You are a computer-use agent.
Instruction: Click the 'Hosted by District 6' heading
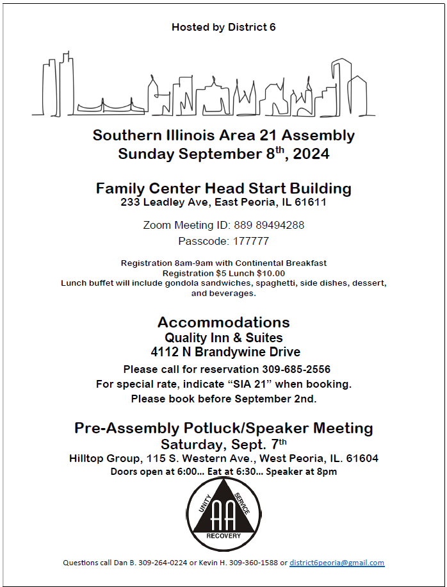pos(224,27)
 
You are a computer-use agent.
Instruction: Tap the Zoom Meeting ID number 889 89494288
pos(270,225)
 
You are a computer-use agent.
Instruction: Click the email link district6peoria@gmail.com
pos(337,563)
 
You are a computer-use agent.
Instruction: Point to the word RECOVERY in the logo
pos(224,536)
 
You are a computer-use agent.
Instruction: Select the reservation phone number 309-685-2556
pos(296,369)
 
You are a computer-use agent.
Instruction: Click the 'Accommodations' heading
pos(224,322)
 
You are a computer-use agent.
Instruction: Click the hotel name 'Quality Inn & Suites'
pos(224,338)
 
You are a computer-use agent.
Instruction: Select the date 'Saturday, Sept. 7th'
pos(224,444)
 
